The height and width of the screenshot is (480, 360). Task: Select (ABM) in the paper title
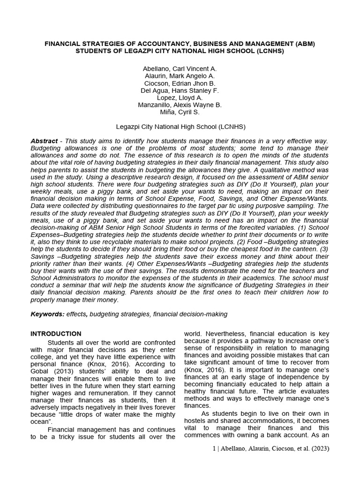click(x=305, y=44)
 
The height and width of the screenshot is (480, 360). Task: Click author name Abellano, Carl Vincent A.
click(x=180, y=69)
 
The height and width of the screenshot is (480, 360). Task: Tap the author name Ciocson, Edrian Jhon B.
click(x=180, y=83)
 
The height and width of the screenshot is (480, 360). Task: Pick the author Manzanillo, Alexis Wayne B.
click(x=180, y=105)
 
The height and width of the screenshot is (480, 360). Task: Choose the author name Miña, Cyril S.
click(x=180, y=112)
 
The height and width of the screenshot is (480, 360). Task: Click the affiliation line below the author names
click(x=180, y=127)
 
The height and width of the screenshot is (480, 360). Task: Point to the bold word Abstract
click(x=44, y=141)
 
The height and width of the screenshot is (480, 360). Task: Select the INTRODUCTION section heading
click(x=56, y=334)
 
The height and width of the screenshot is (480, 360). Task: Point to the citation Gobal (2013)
click(x=55, y=363)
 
